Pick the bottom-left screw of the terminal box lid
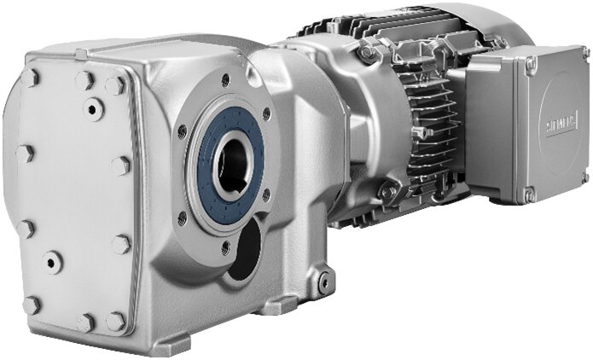(x=531, y=195)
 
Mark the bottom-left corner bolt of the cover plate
(x=32, y=305)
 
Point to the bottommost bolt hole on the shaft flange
(x=225, y=248)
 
